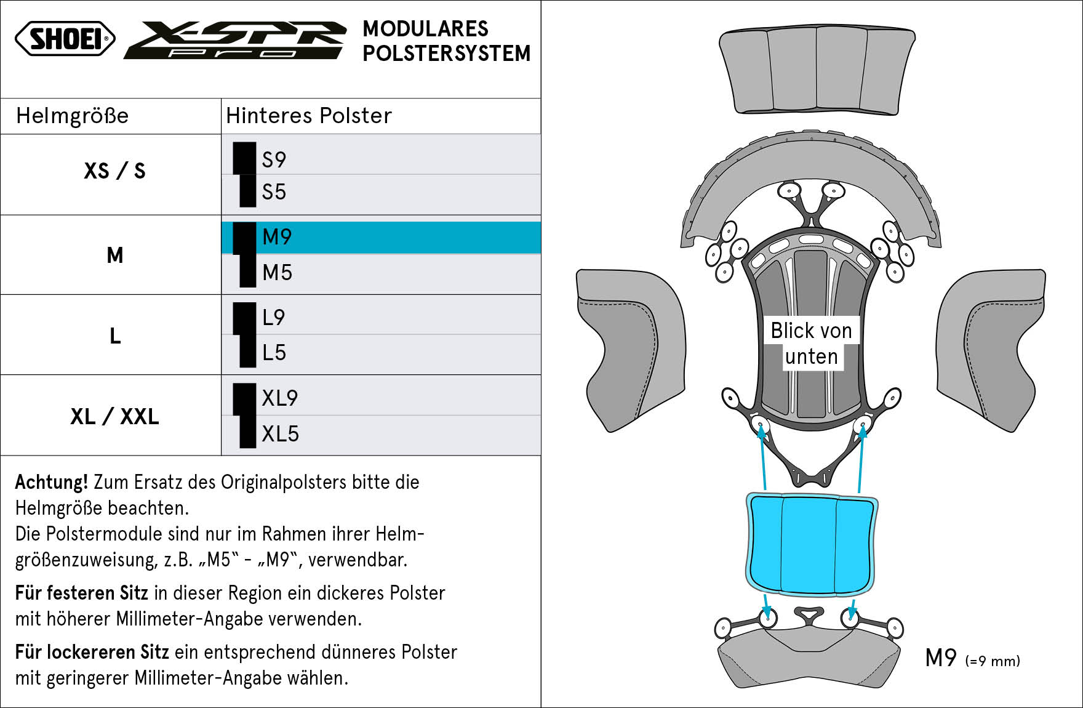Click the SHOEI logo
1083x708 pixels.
[x=65, y=38]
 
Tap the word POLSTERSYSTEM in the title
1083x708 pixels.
[x=447, y=54]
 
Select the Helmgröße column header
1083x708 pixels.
[x=73, y=116]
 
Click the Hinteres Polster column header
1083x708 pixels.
[x=309, y=116]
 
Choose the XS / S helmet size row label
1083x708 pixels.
[x=114, y=171]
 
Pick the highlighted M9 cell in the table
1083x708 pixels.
[x=382, y=237]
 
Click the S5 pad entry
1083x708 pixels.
[x=274, y=192]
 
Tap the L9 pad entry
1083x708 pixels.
[x=273, y=318]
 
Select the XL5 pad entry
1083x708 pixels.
[x=280, y=434]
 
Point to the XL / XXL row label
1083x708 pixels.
[x=114, y=417]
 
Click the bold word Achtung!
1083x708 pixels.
[x=52, y=482]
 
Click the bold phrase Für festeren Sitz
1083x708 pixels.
[x=82, y=593]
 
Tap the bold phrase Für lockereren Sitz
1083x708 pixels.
[x=92, y=652]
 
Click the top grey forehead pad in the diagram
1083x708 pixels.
[x=817, y=71]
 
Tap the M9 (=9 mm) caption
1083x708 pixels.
[x=972, y=659]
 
